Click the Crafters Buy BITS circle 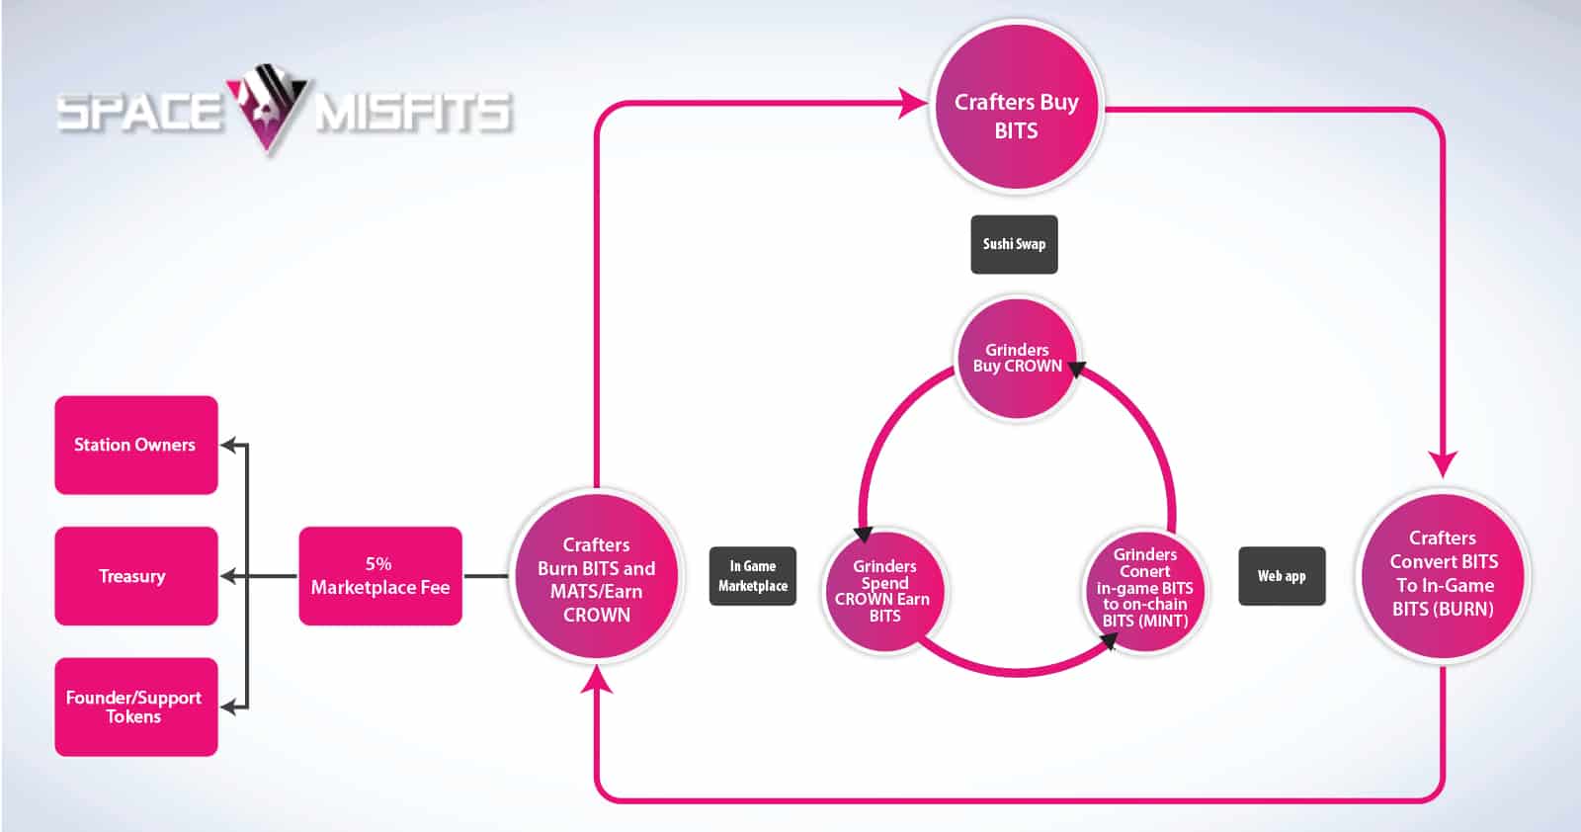coord(1017,108)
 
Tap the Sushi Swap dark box coord(1014,244)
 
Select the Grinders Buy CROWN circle coord(1017,359)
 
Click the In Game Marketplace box coord(752,576)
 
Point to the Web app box coord(1282,576)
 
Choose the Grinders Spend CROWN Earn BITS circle coord(884,591)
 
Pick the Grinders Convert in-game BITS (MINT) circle coord(1145,590)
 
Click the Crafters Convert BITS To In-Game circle coord(1443,575)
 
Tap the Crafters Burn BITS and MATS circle coord(597,576)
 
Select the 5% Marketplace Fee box coord(380,576)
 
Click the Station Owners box coord(136,445)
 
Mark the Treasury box coord(136,576)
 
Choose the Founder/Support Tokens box coord(136,707)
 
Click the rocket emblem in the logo coord(267,106)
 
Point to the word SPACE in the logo coord(139,113)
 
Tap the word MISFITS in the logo coord(414,113)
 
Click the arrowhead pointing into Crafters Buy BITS coord(913,103)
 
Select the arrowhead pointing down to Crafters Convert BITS coord(1443,464)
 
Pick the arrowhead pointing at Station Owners coord(228,445)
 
